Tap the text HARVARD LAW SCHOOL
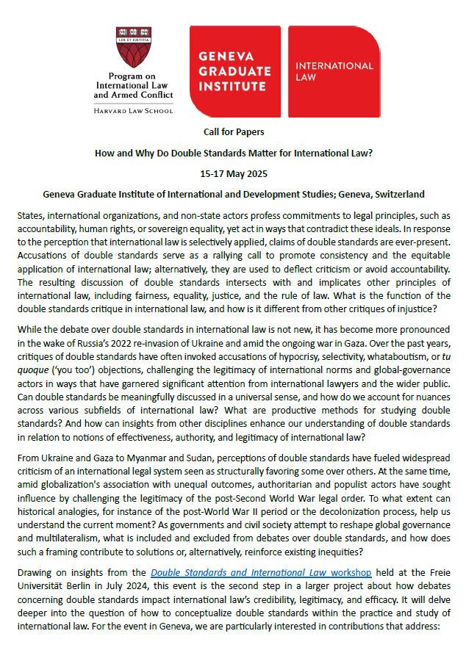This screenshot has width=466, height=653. [134, 110]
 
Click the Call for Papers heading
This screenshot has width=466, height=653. [233, 131]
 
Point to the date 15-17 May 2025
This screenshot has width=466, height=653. [233, 174]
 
